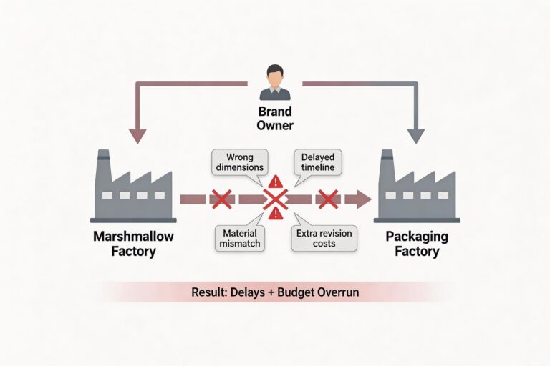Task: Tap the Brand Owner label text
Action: coord(274,119)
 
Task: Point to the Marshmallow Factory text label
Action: coord(133,244)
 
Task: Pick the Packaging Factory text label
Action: coord(418,244)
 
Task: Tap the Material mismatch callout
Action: coord(239,238)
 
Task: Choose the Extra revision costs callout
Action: coord(322,238)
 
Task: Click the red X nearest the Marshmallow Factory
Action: coord(221,199)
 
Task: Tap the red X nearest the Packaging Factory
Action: coord(328,199)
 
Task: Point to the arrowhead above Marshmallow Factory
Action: coord(135,136)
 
